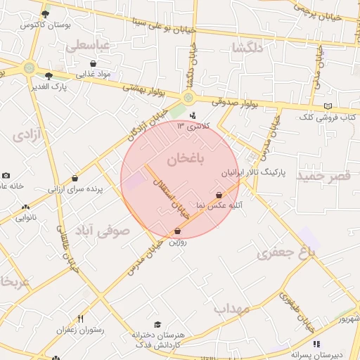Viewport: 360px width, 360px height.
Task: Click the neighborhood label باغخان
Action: click(x=186, y=160)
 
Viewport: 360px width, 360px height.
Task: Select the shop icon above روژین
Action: click(x=176, y=231)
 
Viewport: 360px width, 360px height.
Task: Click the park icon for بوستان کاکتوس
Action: click(x=46, y=14)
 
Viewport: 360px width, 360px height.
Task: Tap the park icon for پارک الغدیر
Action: click(x=49, y=76)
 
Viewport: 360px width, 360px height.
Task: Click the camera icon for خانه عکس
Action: click(x=6, y=176)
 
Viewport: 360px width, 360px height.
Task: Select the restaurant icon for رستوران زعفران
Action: click(x=81, y=319)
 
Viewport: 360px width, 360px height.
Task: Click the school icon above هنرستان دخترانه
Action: click(x=157, y=323)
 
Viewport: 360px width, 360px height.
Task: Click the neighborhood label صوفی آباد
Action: click(x=113, y=230)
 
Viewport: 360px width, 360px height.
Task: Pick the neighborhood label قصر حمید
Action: click(x=323, y=175)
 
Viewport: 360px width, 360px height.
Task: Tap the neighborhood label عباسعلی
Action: click(x=88, y=45)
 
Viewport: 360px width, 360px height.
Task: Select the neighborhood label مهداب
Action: click(x=232, y=308)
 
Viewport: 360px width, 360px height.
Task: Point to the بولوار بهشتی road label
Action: click(x=144, y=87)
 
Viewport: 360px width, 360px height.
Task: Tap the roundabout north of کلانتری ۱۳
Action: click(x=188, y=98)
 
